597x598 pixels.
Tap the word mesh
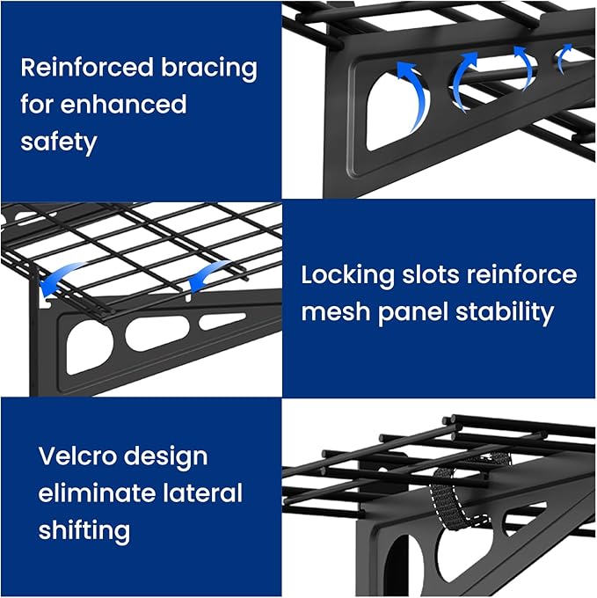[x=336, y=311]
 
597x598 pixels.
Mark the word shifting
[x=84, y=530]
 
